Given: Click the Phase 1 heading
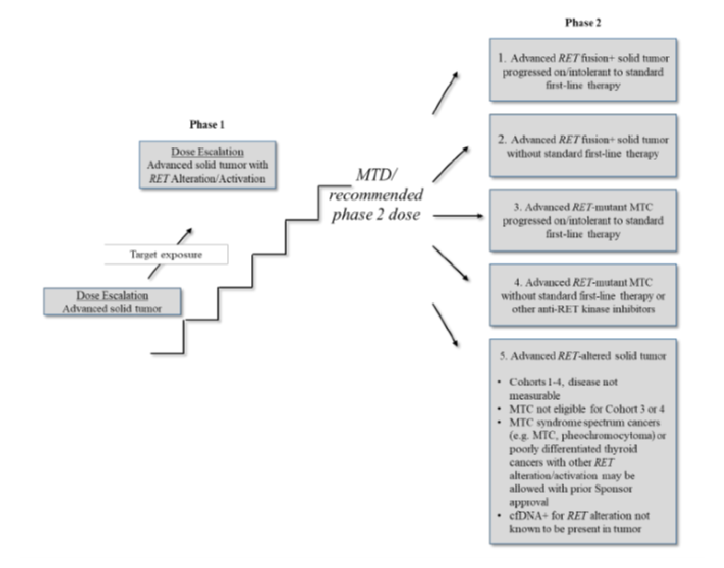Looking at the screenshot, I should [207, 124].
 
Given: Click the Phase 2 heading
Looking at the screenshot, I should [583, 23].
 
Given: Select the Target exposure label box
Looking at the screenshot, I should [166, 254].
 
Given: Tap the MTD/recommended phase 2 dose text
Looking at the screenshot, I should [376, 195].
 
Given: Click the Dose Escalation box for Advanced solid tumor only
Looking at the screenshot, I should [112, 302].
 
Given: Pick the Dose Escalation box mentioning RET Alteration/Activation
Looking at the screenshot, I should [207, 165].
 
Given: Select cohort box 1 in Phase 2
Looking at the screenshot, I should [583, 71].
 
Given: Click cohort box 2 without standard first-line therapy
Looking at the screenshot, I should [583, 146].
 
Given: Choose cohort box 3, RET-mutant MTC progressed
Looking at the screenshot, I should [583, 220].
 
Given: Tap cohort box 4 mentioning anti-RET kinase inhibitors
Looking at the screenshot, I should [583, 295].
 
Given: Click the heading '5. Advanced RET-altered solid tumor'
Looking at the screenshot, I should [583, 355].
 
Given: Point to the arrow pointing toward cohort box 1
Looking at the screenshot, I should [445, 93].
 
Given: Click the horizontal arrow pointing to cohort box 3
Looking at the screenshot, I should [457, 216].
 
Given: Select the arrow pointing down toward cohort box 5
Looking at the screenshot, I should [445, 325].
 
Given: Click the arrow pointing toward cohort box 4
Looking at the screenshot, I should [450, 263].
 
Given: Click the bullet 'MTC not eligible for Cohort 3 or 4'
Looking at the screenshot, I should [586, 408].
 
